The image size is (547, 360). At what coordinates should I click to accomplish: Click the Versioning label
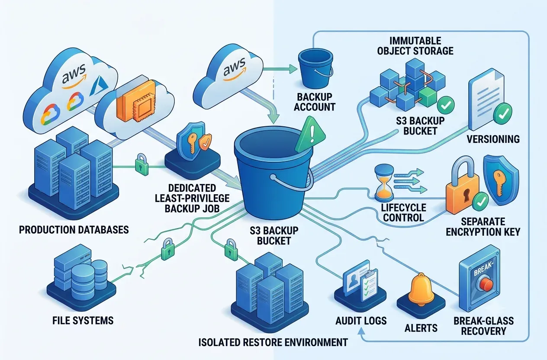493,139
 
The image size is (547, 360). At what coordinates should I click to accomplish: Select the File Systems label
83,320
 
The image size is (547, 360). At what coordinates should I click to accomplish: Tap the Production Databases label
74,230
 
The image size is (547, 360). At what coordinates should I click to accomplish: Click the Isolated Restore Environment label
273,342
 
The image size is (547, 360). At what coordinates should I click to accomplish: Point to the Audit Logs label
361,321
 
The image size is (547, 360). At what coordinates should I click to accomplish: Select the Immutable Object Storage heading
415,46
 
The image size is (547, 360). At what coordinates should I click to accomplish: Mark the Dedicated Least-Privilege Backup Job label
192,198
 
